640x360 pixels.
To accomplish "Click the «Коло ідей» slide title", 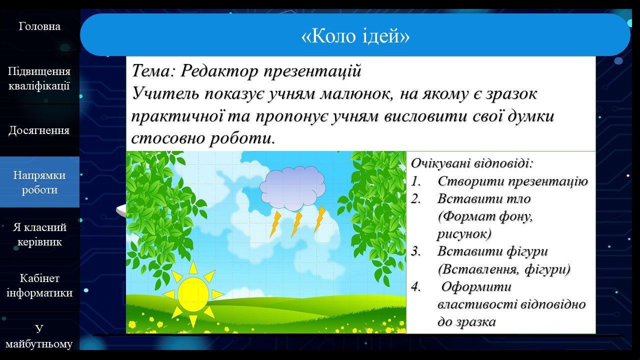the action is pos(355,36).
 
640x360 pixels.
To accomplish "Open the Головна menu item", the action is pos(39,26).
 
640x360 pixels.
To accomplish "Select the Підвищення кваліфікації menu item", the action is pos(39,78).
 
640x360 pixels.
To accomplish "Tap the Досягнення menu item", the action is pos(39,130).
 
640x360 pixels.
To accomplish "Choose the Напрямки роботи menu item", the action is pos(39,182).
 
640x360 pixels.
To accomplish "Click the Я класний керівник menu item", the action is pos(39,234).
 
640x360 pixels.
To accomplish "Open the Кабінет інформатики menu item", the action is pos(39,285).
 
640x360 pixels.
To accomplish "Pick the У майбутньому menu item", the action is pos(39,336).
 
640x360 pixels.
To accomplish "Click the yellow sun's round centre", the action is pos(193,294).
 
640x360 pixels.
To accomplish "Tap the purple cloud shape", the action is pos(292,188).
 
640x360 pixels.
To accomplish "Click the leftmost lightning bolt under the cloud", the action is pos(275,224).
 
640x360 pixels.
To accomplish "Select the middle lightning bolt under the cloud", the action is pos(296,224).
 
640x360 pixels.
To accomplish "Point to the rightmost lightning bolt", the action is pos(319,219).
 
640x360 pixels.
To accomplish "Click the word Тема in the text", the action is pos(151,70).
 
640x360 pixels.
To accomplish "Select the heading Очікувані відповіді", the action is pos(472,163).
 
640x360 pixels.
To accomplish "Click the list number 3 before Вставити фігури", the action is pos(415,251).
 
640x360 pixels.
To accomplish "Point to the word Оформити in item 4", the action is pos(476,286).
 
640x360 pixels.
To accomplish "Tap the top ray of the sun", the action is pos(193,267).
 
